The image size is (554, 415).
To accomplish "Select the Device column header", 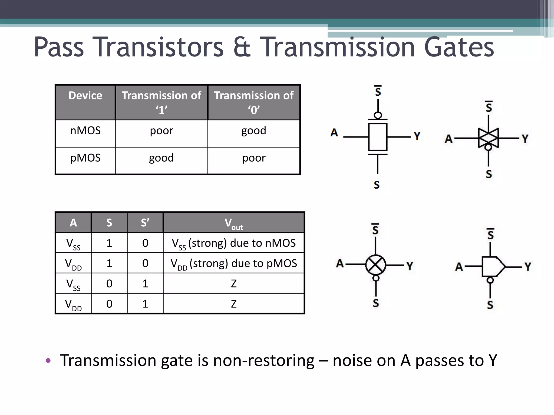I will (85, 96).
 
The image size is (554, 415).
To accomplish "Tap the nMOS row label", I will (85, 131).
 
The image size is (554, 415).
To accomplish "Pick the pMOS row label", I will (85, 158).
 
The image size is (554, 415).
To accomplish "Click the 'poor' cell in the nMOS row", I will (161, 131).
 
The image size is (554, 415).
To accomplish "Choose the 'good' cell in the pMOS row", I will (161, 158).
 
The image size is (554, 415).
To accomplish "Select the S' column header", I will (145, 223).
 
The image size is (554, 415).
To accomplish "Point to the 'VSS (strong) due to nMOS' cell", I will (234, 243).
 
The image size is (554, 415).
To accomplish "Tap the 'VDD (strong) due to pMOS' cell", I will (234, 263).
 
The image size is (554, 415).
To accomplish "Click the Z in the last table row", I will (234, 304).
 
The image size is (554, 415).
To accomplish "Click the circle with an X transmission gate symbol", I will (375, 265).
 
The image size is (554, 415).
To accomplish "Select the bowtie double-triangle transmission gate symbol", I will (488, 138).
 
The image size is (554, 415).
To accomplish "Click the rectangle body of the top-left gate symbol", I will (378, 137).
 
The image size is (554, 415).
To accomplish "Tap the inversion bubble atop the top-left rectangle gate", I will (378, 115).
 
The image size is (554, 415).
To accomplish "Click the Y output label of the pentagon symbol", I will (528, 267).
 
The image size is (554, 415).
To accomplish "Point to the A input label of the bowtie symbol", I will (449, 139).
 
